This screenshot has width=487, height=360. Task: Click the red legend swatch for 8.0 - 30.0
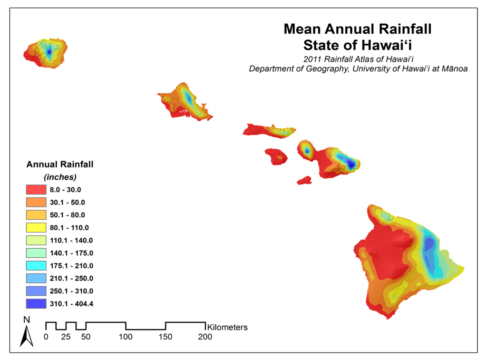35,189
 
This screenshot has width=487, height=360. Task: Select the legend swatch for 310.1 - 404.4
35,303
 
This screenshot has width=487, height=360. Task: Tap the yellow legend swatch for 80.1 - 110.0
35,227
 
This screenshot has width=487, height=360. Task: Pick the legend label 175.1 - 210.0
72,265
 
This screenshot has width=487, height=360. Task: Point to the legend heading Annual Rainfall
60,165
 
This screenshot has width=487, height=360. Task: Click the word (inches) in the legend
60,177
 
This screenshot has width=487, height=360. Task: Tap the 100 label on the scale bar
126,337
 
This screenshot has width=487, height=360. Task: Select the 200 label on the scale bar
205,337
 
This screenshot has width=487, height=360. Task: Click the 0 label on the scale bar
46,337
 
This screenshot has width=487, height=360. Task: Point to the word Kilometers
227,327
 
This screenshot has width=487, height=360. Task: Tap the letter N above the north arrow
27,319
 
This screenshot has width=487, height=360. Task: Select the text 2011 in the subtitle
312,59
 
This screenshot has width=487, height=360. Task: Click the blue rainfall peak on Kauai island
49,51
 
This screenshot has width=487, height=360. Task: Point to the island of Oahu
185,101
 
